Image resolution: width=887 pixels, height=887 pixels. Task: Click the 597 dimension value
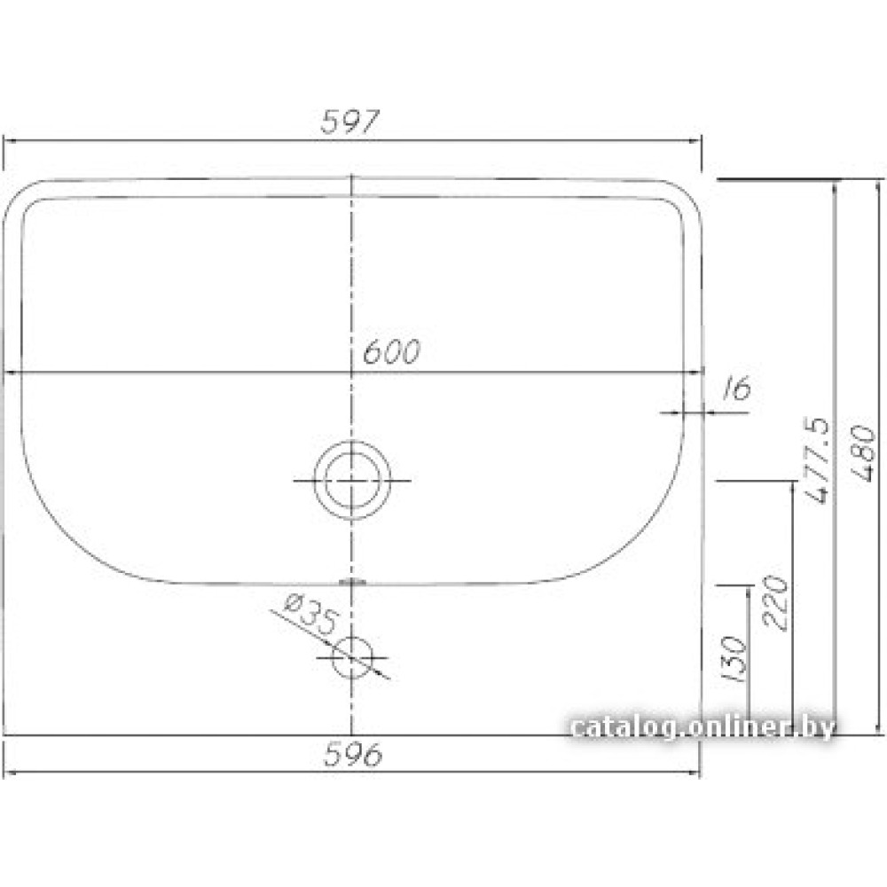(x=349, y=121)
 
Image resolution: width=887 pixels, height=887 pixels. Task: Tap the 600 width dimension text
(x=391, y=352)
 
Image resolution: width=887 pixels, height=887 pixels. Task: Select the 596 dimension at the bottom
(x=353, y=754)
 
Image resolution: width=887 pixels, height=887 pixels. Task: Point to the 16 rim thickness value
(x=737, y=389)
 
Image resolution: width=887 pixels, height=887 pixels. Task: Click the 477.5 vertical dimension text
(x=817, y=460)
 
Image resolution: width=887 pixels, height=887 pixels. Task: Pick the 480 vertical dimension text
(x=863, y=453)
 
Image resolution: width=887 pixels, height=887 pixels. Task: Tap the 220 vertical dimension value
(x=775, y=602)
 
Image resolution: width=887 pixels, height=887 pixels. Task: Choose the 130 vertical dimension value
(x=734, y=659)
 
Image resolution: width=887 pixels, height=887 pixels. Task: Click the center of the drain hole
(x=352, y=480)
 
